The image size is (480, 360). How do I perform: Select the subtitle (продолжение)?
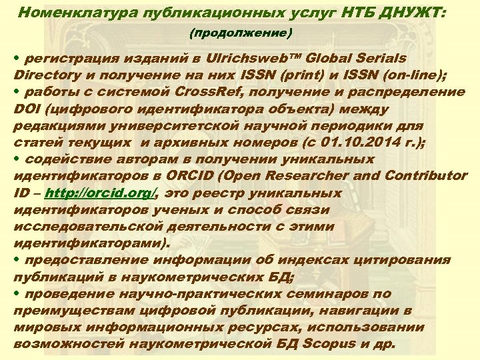point(241,33)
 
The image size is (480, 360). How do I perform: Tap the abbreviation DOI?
point(27,108)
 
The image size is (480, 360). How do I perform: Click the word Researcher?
point(308,177)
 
